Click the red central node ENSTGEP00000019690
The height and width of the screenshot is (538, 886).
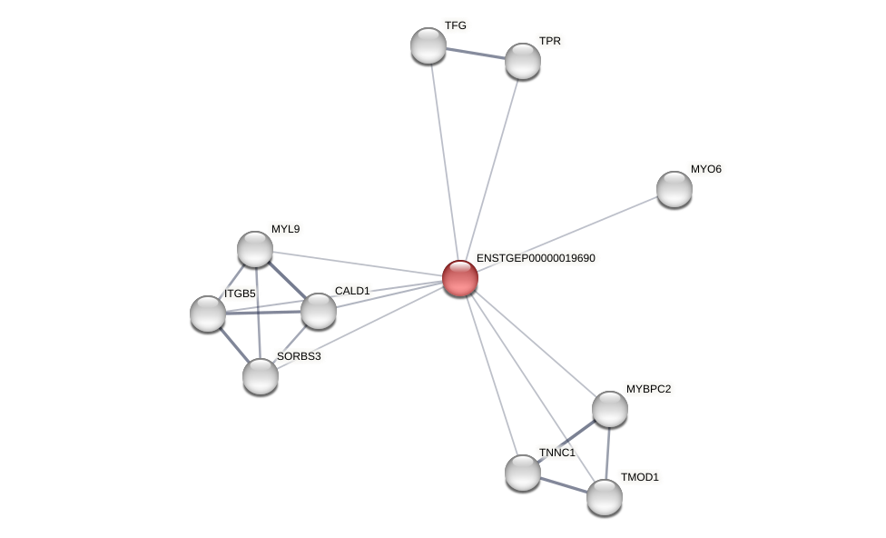[x=460, y=278]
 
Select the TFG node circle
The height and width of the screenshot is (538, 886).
[x=428, y=45]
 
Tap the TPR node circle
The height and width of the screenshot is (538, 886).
[x=523, y=61]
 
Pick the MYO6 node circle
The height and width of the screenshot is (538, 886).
[x=674, y=189]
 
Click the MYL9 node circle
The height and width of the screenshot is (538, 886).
[x=255, y=249]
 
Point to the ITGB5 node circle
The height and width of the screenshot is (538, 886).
[x=208, y=314]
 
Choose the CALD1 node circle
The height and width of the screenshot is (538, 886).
[x=319, y=311]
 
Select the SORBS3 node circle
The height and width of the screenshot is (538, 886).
[x=261, y=376]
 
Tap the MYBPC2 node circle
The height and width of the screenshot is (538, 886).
[x=610, y=409]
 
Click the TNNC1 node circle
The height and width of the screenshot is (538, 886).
[x=523, y=473]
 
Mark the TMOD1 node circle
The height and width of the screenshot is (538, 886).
[x=605, y=497]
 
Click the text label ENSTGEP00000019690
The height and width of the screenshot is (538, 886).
[x=536, y=258]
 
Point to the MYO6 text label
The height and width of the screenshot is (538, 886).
[x=705, y=169]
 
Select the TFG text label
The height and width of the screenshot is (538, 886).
[x=455, y=25]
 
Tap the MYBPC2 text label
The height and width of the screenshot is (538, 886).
[x=648, y=389]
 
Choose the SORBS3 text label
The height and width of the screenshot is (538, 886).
[x=299, y=356]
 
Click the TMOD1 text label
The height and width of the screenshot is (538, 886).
[x=640, y=477]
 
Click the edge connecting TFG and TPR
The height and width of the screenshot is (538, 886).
[x=476, y=54]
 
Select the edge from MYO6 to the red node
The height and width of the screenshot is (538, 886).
[x=567, y=234]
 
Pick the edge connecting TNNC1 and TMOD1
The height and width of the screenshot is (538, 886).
[x=564, y=485]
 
